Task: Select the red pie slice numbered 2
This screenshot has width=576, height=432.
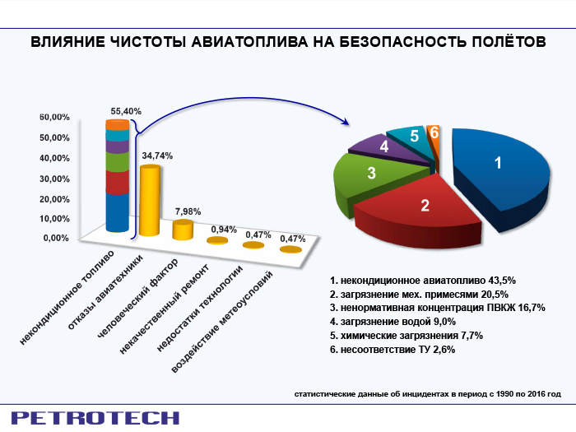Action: click(419, 209)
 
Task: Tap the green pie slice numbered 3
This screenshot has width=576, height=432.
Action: click(371, 176)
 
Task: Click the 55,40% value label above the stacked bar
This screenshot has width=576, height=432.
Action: click(126, 111)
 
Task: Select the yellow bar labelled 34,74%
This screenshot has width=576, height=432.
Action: click(150, 201)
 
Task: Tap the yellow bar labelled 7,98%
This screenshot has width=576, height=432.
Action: click(183, 230)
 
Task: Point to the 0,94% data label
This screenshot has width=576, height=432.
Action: click(224, 230)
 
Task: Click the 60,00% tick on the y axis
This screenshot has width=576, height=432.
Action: click(54, 117)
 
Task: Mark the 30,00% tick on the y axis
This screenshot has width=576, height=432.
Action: click(54, 179)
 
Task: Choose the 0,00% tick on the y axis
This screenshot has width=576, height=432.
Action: click(56, 238)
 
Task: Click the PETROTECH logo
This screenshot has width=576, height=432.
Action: click(95, 418)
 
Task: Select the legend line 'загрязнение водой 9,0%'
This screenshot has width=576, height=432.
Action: click(393, 322)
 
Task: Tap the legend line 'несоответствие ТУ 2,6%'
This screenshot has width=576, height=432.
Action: click(393, 350)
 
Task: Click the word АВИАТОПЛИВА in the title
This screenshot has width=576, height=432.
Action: click(249, 42)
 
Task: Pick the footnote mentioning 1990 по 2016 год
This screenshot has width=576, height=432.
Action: click(428, 394)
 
